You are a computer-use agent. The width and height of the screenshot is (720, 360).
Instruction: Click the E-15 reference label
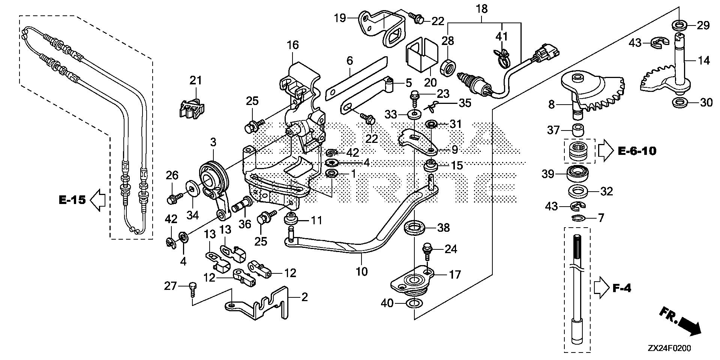click(x=72, y=200)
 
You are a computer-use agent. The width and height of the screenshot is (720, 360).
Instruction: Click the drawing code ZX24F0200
click(x=669, y=348)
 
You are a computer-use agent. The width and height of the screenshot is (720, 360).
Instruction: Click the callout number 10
click(x=362, y=271)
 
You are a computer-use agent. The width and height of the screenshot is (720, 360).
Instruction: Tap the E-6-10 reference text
click(x=637, y=151)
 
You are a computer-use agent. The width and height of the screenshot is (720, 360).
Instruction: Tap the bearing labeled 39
click(x=579, y=174)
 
